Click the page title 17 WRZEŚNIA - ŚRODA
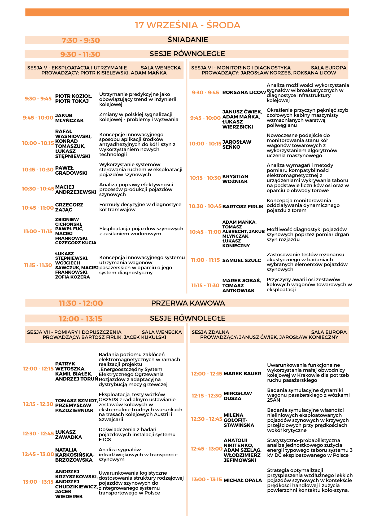187,25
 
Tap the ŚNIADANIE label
188,40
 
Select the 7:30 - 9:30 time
81,40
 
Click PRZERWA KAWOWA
188,303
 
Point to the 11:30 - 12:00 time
81,303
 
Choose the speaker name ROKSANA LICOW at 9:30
244,92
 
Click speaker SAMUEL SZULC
242,260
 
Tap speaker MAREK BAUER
242,374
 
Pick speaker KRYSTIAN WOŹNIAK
235,179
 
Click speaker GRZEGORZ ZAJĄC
69,207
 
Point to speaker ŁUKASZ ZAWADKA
68,435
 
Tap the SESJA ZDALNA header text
210,332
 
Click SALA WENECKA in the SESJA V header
161,68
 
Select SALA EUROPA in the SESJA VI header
329,68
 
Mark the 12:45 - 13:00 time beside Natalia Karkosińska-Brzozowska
38,454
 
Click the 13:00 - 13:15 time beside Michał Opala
207,479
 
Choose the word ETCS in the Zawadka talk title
105,440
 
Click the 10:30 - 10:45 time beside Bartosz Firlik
205,206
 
